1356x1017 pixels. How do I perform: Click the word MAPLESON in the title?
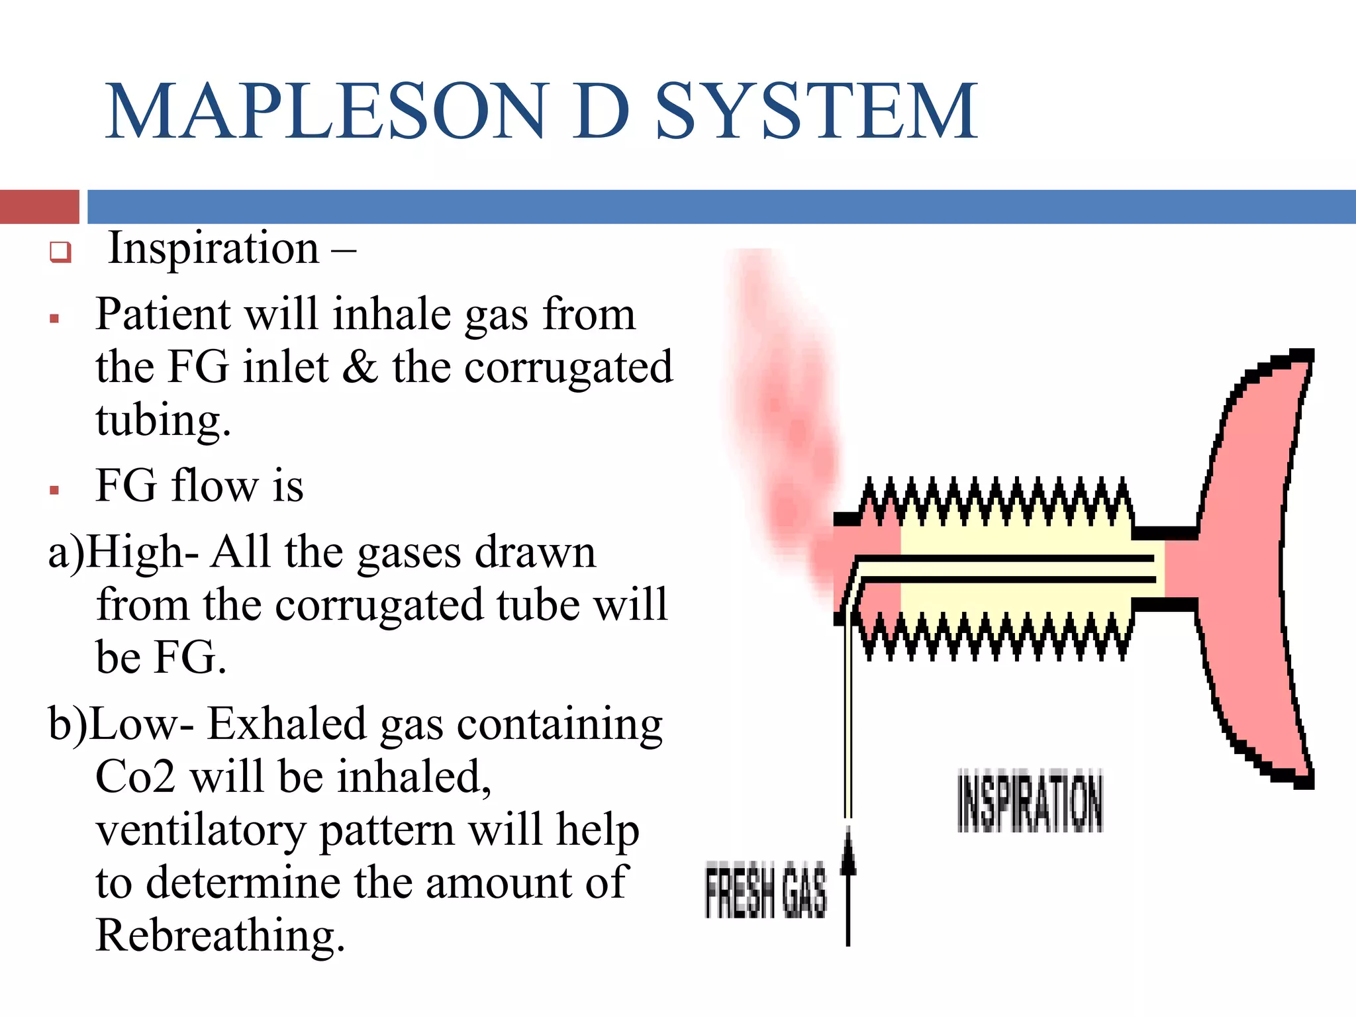point(324,111)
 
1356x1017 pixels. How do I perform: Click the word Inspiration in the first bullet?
point(213,249)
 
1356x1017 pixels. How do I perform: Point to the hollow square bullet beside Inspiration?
point(60,252)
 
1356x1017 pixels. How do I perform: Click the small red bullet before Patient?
point(54,319)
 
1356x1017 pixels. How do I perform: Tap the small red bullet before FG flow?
point(54,491)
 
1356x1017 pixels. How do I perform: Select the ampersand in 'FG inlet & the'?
point(360,367)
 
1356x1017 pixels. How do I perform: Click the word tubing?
point(163,421)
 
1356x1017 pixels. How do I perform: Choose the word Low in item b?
point(134,724)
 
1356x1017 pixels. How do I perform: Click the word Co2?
point(135,777)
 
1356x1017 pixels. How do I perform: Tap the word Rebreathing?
point(220,936)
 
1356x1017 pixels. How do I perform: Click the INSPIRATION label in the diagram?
point(1030,800)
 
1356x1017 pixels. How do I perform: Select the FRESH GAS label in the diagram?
point(765,891)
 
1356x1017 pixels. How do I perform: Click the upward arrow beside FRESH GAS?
point(848,887)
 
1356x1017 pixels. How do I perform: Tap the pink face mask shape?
point(1245,563)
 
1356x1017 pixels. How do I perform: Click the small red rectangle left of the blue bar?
point(39,207)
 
